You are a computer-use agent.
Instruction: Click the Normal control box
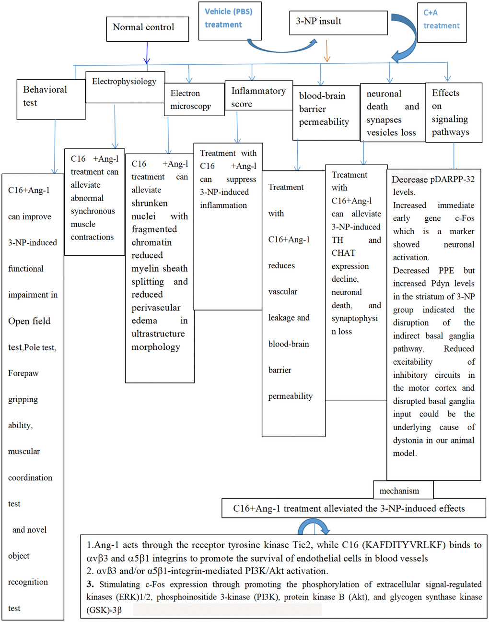pyautogui.click(x=143, y=28)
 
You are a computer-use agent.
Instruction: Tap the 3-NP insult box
pyautogui.click(x=338, y=22)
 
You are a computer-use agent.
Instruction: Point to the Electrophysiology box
pyautogui.click(x=125, y=86)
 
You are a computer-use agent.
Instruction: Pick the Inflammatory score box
pyautogui.click(x=258, y=96)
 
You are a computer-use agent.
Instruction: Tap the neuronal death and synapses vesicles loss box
pyautogui.click(x=393, y=113)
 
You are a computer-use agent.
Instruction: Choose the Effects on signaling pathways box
pyautogui.click(x=453, y=113)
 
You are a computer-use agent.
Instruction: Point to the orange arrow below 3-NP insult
pyautogui.click(x=327, y=51)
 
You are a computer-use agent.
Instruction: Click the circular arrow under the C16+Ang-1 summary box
pyautogui.click(x=314, y=528)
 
